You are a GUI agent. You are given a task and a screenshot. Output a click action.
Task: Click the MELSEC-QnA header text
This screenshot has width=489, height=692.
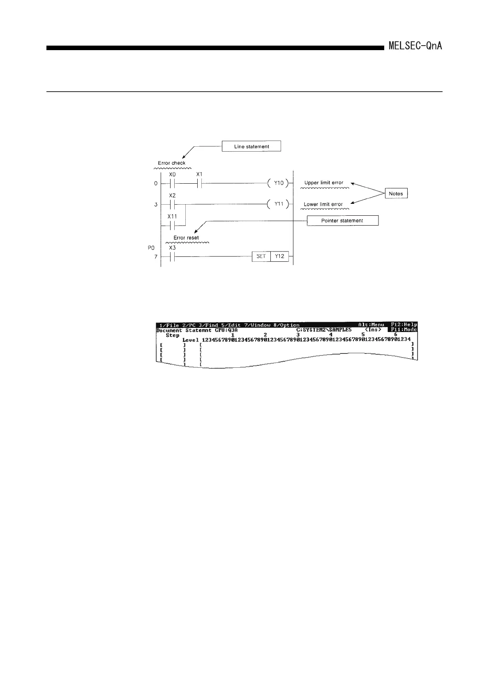click(x=415, y=46)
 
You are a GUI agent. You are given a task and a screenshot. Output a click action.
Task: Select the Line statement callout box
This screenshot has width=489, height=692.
click(x=251, y=146)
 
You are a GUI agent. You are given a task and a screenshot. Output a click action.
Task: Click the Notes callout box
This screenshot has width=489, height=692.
click(x=396, y=194)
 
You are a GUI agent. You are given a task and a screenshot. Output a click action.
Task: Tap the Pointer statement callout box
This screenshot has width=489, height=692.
click(x=342, y=221)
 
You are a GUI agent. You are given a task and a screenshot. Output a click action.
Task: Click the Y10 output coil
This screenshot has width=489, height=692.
click(x=279, y=183)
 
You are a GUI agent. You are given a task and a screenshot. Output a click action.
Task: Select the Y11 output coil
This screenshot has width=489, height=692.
click(x=279, y=204)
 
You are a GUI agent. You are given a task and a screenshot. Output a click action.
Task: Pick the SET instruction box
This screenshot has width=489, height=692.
click(x=261, y=256)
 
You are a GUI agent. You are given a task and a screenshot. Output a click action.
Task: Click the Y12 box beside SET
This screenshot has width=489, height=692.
click(x=279, y=256)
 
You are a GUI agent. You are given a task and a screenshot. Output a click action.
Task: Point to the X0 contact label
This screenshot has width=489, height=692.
click(x=173, y=174)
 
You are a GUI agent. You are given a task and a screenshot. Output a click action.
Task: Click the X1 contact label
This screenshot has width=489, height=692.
click(x=199, y=174)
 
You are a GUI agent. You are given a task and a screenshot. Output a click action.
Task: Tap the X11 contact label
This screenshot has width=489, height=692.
click(x=172, y=216)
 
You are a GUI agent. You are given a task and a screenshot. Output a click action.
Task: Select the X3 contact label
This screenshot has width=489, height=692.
click(x=173, y=248)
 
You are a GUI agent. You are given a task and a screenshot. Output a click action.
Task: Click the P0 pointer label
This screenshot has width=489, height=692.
click(x=151, y=248)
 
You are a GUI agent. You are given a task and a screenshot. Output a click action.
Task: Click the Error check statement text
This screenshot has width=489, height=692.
click(x=172, y=163)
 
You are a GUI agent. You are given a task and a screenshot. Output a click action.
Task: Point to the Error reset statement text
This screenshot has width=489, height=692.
click(x=186, y=238)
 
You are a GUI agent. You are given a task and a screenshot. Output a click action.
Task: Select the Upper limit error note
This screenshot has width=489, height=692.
click(x=324, y=182)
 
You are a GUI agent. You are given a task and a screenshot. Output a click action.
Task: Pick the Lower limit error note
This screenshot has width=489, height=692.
click(x=323, y=204)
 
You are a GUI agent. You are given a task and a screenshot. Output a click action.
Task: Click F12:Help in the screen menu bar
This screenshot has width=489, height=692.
click(x=404, y=325)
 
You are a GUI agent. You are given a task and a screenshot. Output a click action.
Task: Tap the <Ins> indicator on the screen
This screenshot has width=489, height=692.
click(x=373, y=330)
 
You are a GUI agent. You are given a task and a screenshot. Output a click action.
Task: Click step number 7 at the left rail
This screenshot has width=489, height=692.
click(x=156, y=257)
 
